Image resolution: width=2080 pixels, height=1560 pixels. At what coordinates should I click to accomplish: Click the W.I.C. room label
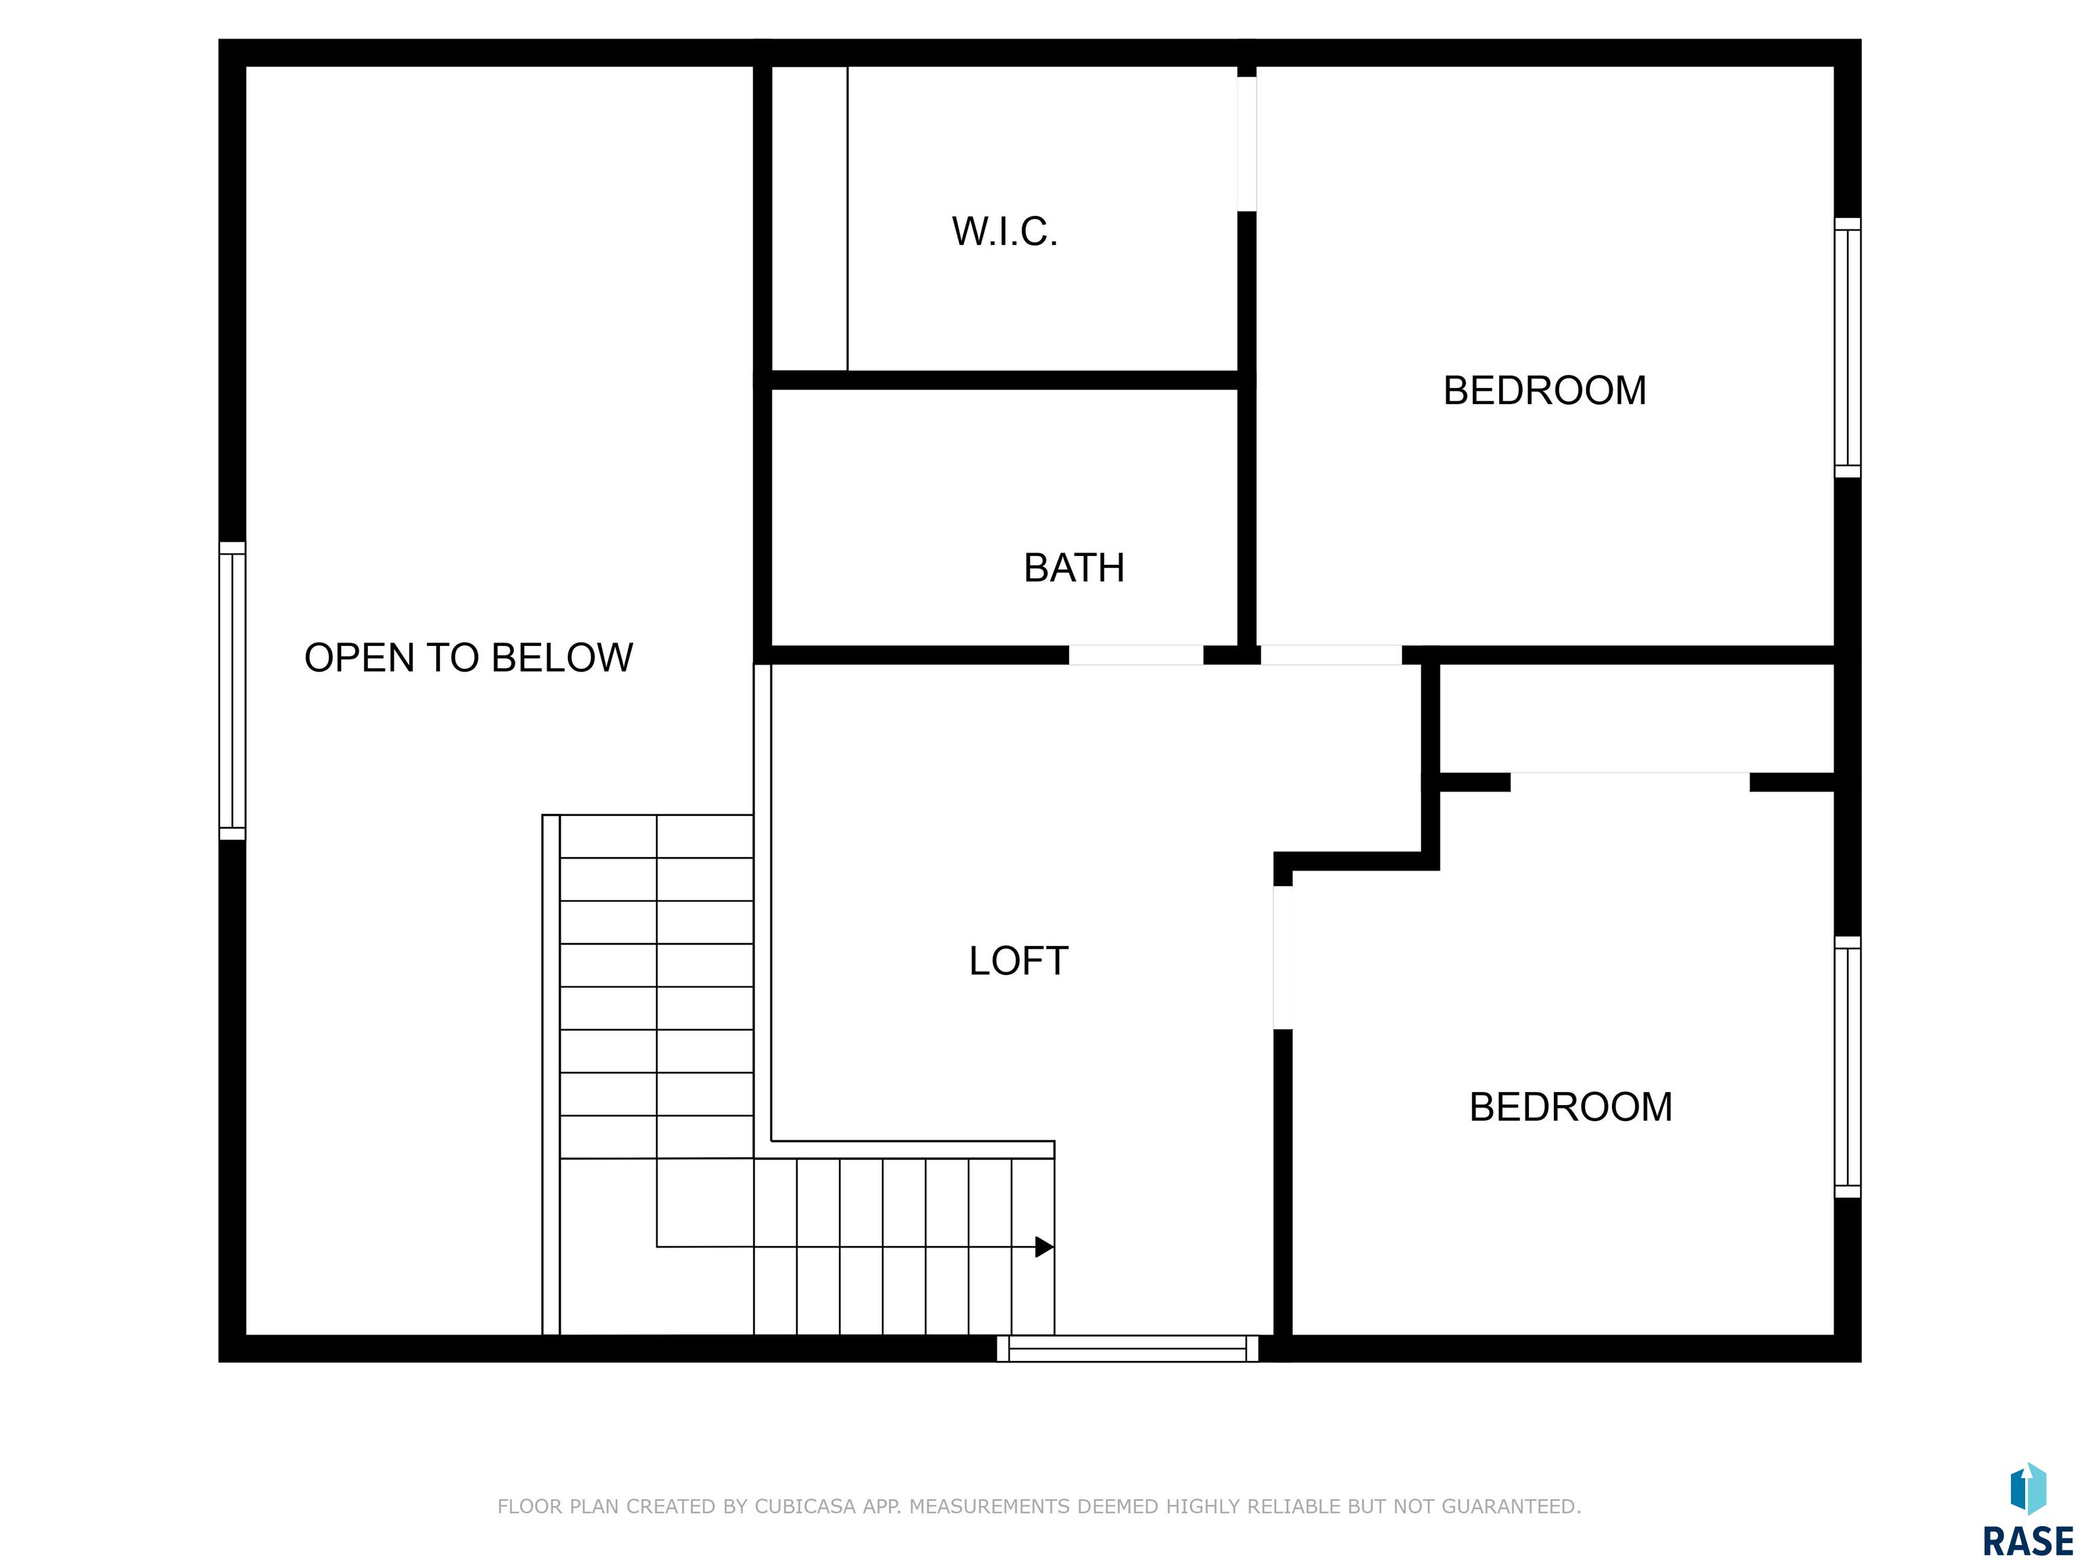1004,232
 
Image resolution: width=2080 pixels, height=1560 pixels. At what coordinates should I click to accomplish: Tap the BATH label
1074,568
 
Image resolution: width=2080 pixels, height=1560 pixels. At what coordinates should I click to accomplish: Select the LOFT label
1018,961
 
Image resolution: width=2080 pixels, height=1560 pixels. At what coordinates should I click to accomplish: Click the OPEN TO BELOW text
469,657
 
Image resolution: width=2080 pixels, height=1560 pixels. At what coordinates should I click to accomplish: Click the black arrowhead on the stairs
1044,1247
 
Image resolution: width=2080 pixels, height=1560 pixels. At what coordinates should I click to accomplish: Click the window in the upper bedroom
1848,348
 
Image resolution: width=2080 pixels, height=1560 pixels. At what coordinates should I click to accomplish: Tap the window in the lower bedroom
1848,1067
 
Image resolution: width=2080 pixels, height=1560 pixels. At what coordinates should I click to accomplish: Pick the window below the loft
1127,1349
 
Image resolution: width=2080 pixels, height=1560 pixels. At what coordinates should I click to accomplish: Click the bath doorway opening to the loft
1136,655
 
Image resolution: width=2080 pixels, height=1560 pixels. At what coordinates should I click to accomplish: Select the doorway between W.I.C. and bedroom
1247,144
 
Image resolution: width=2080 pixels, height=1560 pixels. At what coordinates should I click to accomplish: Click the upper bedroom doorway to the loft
1332,655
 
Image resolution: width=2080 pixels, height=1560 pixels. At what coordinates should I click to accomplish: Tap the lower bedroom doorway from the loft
1282,957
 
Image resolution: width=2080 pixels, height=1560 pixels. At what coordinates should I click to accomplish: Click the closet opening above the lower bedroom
1630,781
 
